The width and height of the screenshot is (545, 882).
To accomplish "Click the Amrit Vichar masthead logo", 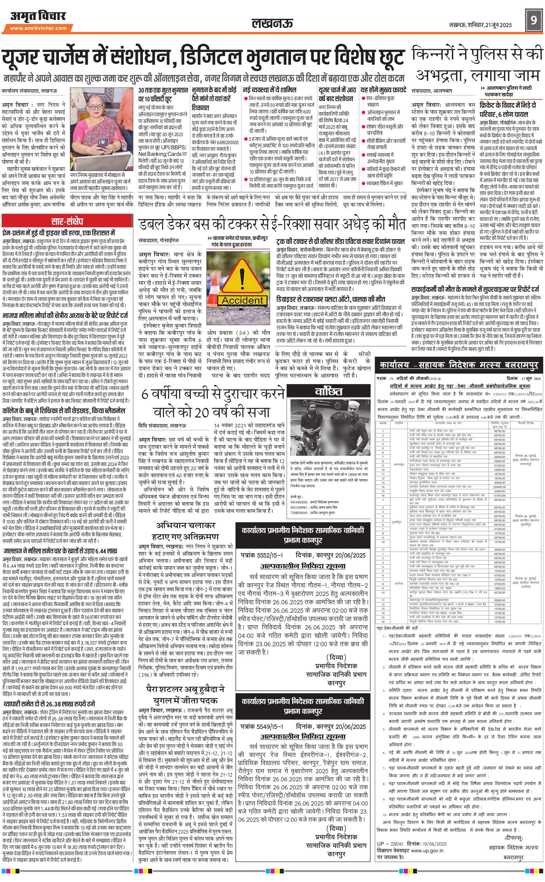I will [38, 16].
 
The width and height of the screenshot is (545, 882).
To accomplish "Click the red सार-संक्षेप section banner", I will [67, 221].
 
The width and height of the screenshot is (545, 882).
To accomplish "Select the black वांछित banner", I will [328, 391].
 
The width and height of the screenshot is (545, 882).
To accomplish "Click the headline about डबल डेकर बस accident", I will [272, 224].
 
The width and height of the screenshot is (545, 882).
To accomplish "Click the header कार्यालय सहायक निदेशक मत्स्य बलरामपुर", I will [459, 365].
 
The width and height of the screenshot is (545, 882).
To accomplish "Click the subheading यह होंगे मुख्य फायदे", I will [383, 89].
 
